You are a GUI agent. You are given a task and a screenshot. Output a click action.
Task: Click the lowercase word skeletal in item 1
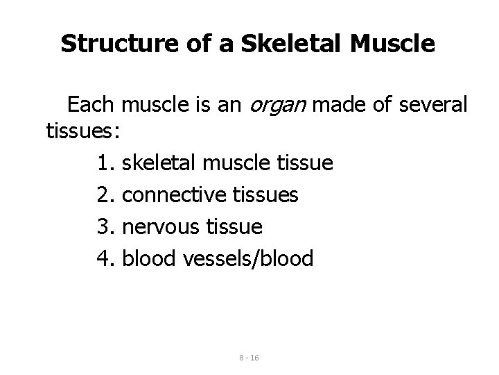pyautogui.click(x=157, y=164)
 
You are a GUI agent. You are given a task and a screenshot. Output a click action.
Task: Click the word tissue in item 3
pyautogui.click(x=238, y=227)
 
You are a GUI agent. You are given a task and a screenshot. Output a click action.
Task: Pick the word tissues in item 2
pyautogui.click(x=264, y=195)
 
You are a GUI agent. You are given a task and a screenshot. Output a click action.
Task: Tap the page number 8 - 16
pyautogui.click(x=249, y=357)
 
